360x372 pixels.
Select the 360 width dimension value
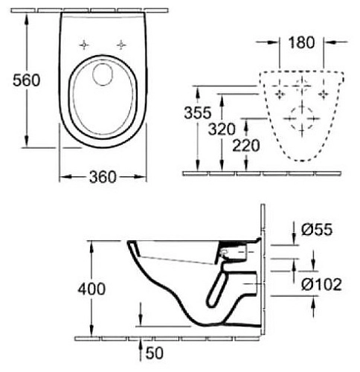click(x=102, y=176)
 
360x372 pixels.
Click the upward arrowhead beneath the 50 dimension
click(x=141, y=341)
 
